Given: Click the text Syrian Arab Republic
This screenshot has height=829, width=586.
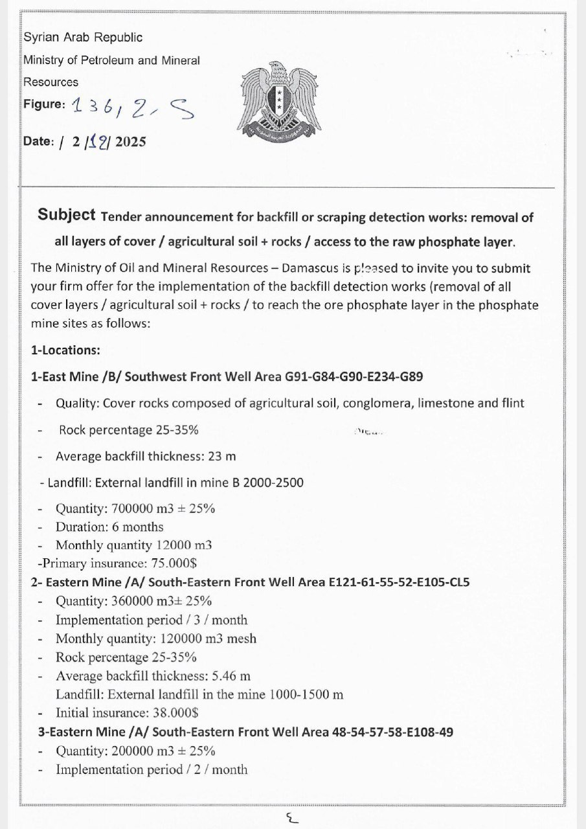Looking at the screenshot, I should point(83,38).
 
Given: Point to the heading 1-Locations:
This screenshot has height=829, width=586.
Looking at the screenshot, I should point(65,350).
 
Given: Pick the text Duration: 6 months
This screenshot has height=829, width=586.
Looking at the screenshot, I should point(109,527).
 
